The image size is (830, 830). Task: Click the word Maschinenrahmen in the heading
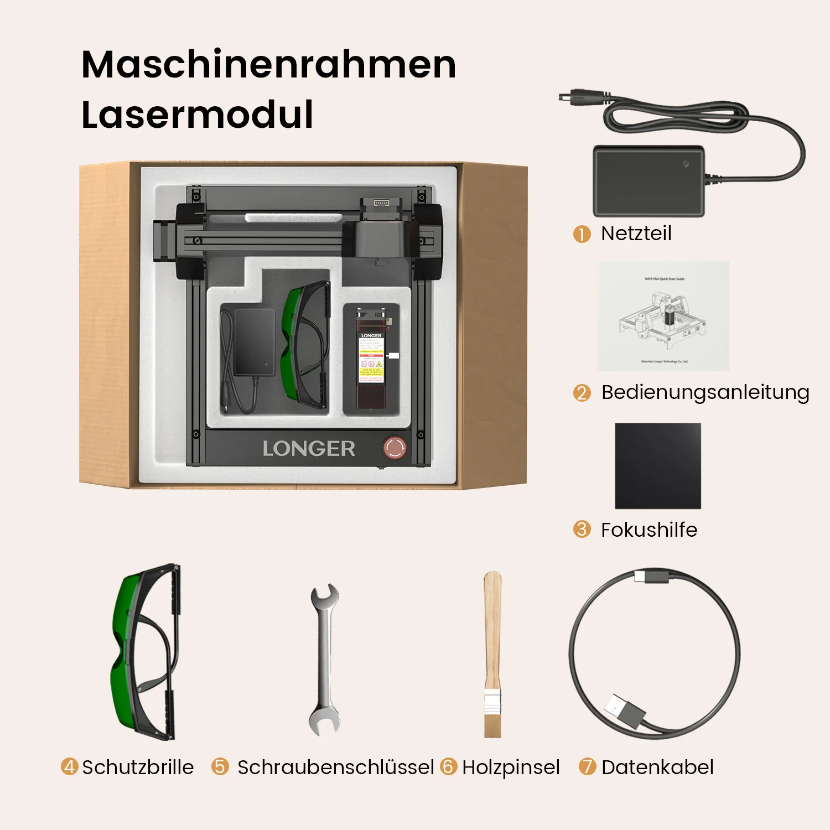[x=269, y=65]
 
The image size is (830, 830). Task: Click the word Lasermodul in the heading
[x=198, y=115]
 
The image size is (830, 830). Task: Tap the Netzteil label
[x=636, y=234]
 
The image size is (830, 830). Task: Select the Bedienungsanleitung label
[x=705, y=392]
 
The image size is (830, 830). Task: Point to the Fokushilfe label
[x=649, y=530]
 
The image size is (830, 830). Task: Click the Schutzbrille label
[x=138, y=767]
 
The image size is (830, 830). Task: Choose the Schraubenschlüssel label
[x=335, y=767]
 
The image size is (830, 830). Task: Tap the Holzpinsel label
[x=511, y=767]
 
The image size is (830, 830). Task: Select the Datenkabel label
[x=657, y=767]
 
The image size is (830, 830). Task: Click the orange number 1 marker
[x=582, y=234]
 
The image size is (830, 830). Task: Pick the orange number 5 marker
[x=220, y=767]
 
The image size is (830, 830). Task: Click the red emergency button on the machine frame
[x=395, y=448]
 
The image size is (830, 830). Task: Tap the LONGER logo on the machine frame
[x=309, y=449]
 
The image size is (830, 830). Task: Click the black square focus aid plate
[x=658, y=466]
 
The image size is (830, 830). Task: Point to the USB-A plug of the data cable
[x=624, y=712]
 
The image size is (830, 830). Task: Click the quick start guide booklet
[x=663, y=316]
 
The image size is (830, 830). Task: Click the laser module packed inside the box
[x=371, y=360]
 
